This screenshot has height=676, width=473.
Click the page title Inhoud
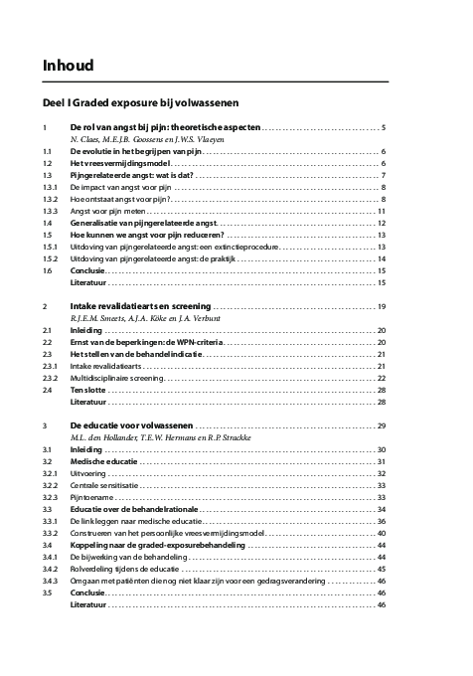[x=68, y=66]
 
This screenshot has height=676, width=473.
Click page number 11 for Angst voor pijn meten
[x=382, y=211]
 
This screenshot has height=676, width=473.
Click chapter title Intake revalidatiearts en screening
[x=140, y=305]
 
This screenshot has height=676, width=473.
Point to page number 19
[x=382, y=305]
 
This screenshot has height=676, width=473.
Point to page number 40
[x=382, y=534]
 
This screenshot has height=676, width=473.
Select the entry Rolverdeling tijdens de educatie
[x=125, y=569]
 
